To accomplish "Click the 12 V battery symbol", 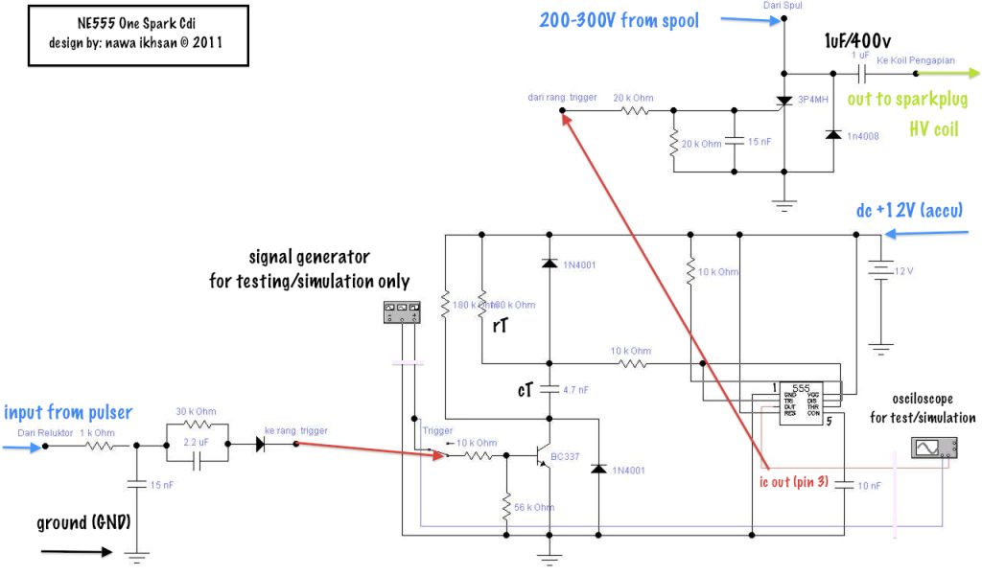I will [876, 271].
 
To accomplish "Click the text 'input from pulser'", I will [68, 413].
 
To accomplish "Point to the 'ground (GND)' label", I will [82, 523].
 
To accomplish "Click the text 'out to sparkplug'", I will [906, 99].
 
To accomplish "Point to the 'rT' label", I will [499, 327].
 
